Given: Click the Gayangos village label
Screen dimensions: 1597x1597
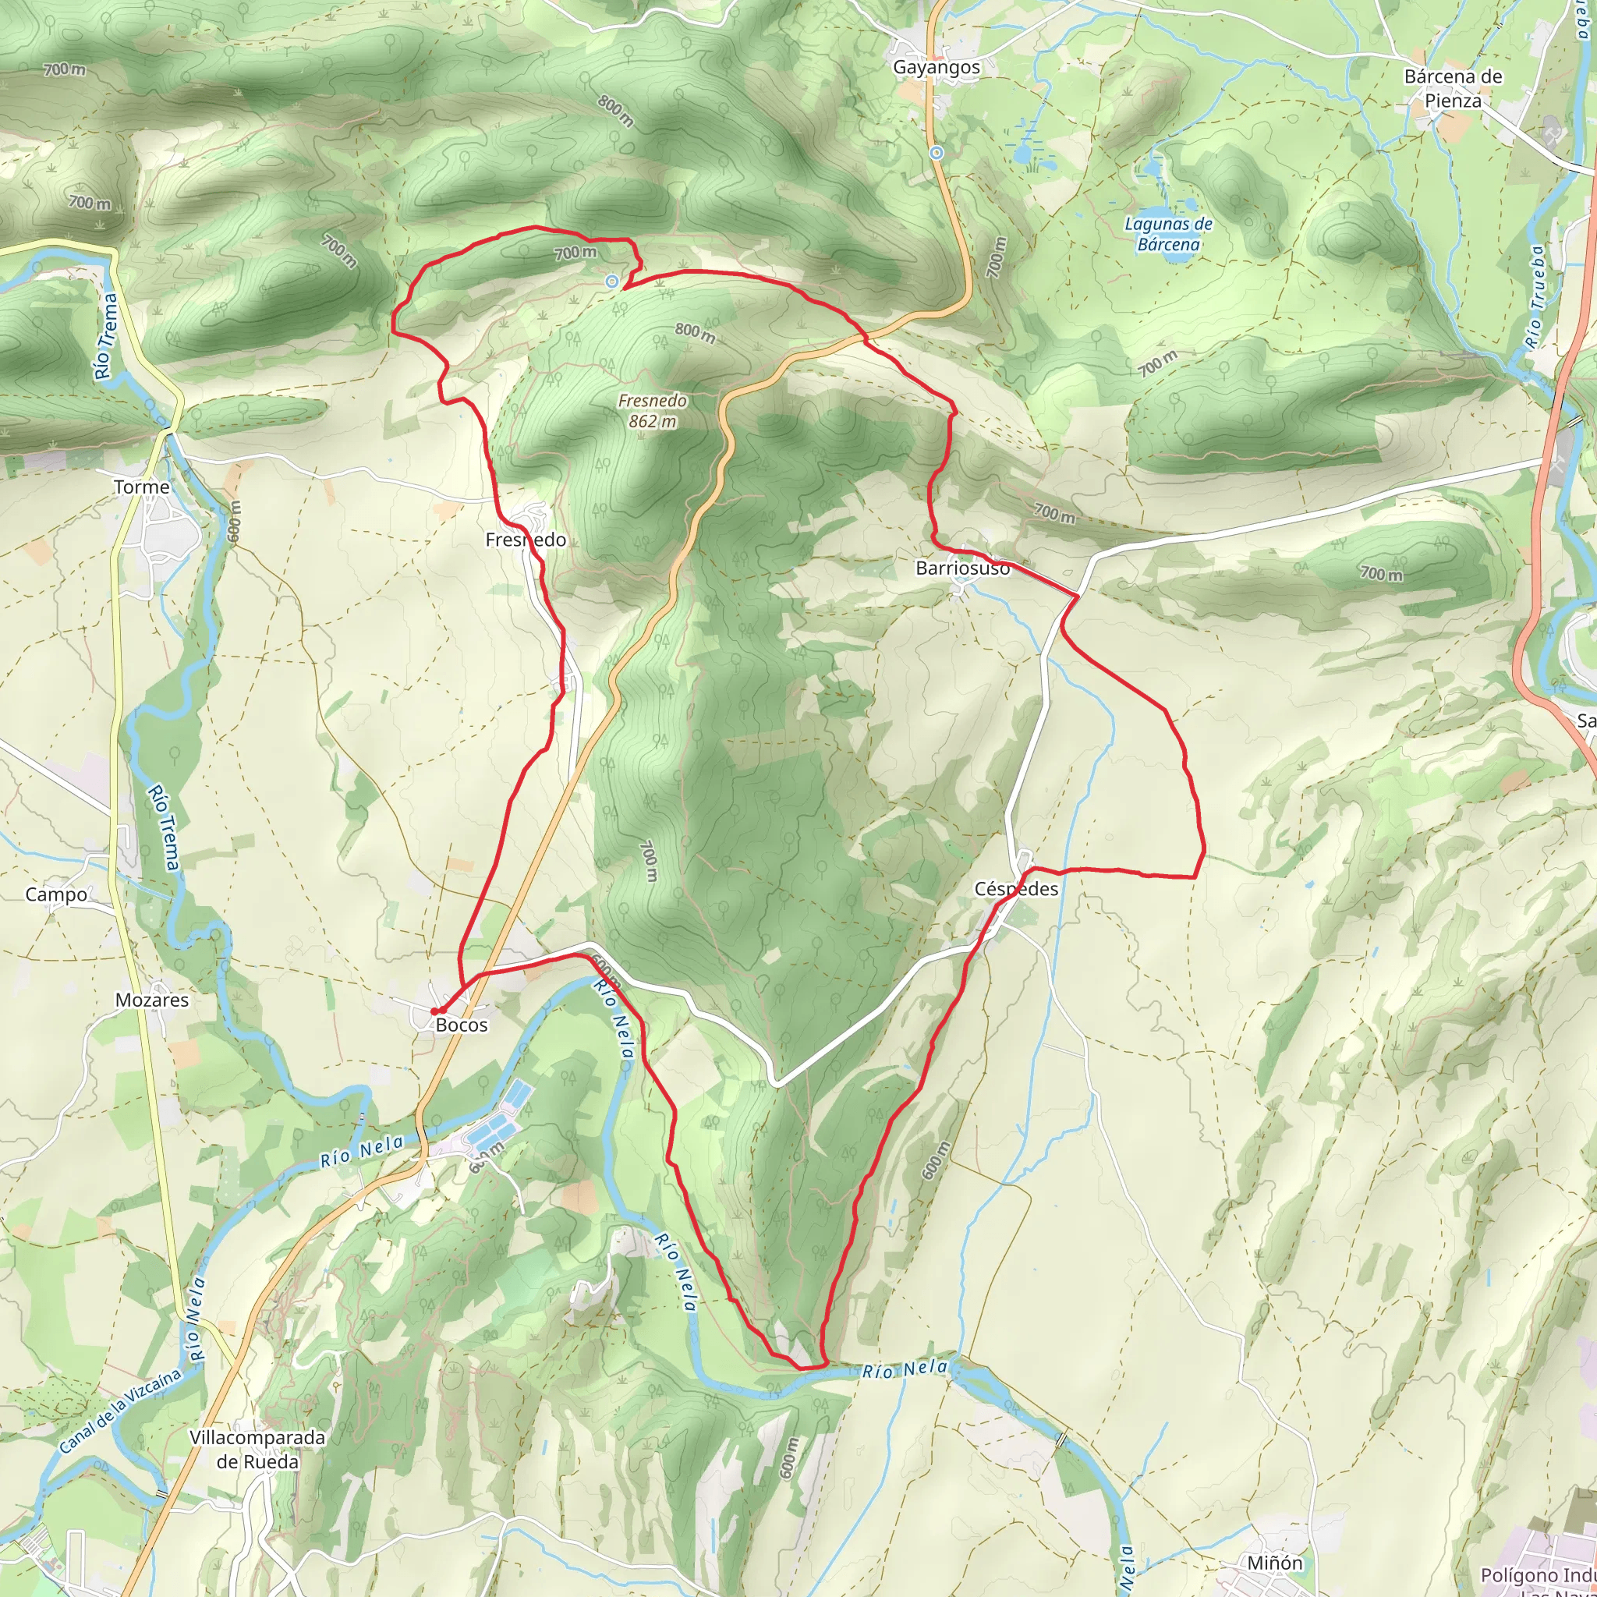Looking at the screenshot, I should click(937, 68).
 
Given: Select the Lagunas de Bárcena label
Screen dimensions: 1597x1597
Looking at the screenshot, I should click(1168, 234).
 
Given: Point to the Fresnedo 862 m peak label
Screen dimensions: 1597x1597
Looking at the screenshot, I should click(652, 411).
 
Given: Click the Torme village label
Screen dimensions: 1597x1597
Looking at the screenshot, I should click(141, 487).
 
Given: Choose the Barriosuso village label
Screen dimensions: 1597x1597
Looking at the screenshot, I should click(962, 568).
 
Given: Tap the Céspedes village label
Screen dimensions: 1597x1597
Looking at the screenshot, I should click(1016, 889).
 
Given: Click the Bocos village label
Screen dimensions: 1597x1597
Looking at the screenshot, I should click(462, 1025).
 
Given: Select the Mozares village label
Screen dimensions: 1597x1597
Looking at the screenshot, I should click(151, 1000).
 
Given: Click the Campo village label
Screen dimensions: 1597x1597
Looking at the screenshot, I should click(56, 894).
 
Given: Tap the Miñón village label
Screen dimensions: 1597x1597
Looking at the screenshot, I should click(1275, 1562).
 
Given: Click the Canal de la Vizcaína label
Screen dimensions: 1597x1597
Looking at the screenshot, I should click(120, 1411).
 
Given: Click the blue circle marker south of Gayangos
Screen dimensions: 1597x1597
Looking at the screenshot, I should click(937, 153).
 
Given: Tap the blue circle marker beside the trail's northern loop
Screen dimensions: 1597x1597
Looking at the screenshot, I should click(611, 282).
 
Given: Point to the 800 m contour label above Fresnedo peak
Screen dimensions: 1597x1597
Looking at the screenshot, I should click(695, 332).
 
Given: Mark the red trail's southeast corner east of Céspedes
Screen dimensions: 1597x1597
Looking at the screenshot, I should click(1196, 876).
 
